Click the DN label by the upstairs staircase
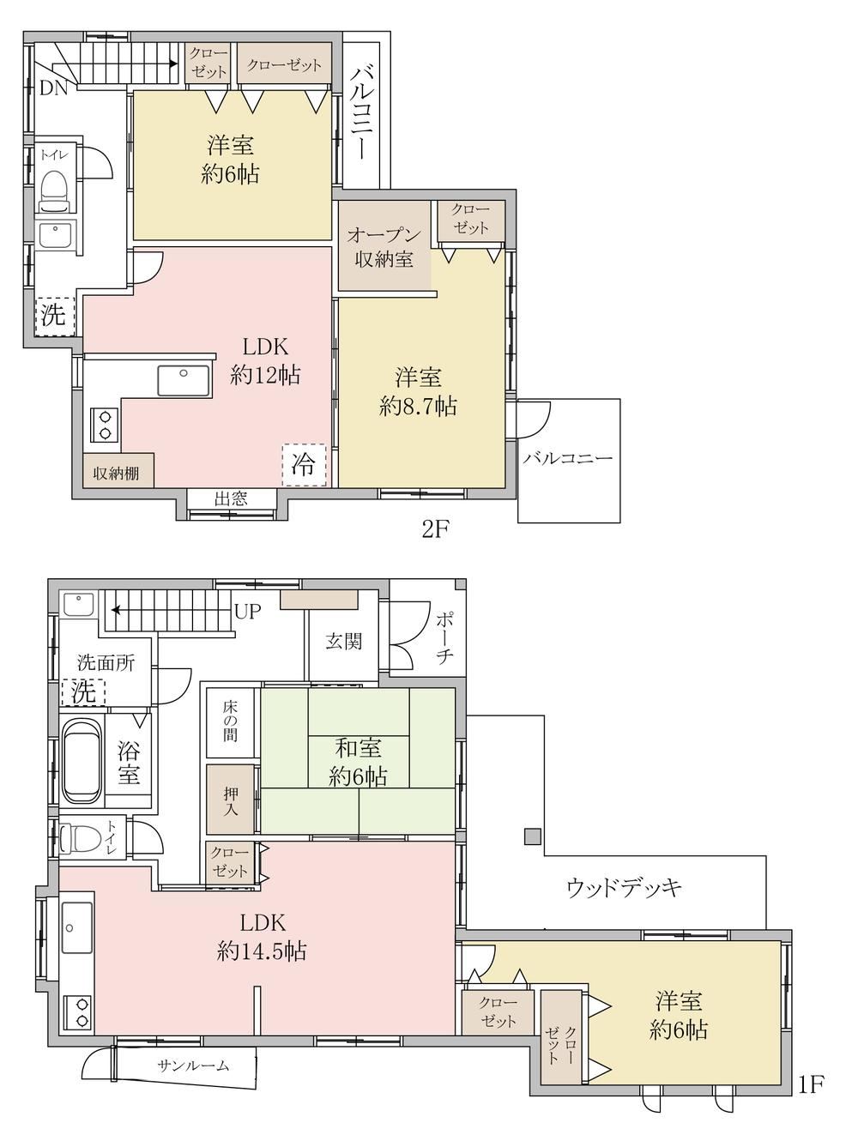point(54,88)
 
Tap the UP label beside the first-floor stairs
point(247,611)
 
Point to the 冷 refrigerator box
point(304,465)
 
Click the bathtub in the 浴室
point(82,759)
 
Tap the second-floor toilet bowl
point(55,190)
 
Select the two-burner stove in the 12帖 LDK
point(105,425)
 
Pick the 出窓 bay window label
point(232,499)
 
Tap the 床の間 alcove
point(231,722)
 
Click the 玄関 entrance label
point(343,642)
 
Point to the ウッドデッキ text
point(624,886)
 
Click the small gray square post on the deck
point(533,836)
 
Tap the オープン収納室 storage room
point(384,246)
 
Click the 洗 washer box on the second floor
point(55,315)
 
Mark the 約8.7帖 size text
point(418,406)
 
